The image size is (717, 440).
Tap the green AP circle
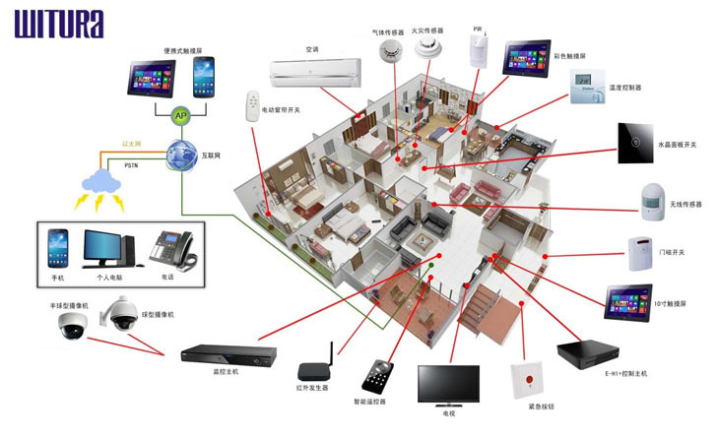click(180, 116)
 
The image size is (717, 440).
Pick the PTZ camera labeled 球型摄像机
click(125, 313)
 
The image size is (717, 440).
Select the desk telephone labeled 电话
click(171, 250)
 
